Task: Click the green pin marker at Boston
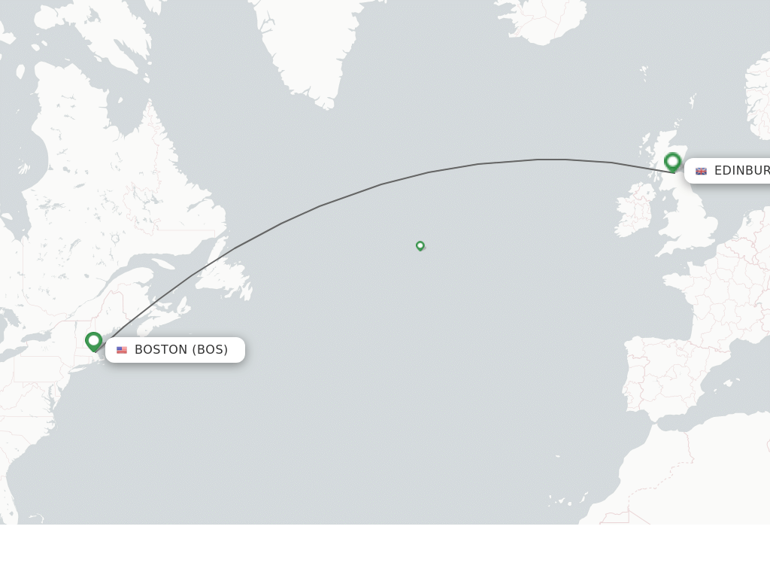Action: [x=93, y=341]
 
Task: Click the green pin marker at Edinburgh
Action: [x=672, y=161]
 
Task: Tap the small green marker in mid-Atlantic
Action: [x=420, y=245]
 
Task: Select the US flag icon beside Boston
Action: [x=122, y=350]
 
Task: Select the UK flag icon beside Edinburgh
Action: [x=701, y=172]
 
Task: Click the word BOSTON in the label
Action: [x=161, y=350]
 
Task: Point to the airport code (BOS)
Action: [x=210, y=350]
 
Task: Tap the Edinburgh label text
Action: [x=741, y=171]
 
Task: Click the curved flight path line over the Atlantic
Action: [x=382, y=184]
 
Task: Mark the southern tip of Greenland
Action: [x=326, y=104]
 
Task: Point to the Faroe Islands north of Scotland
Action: [x=644, y=73]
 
